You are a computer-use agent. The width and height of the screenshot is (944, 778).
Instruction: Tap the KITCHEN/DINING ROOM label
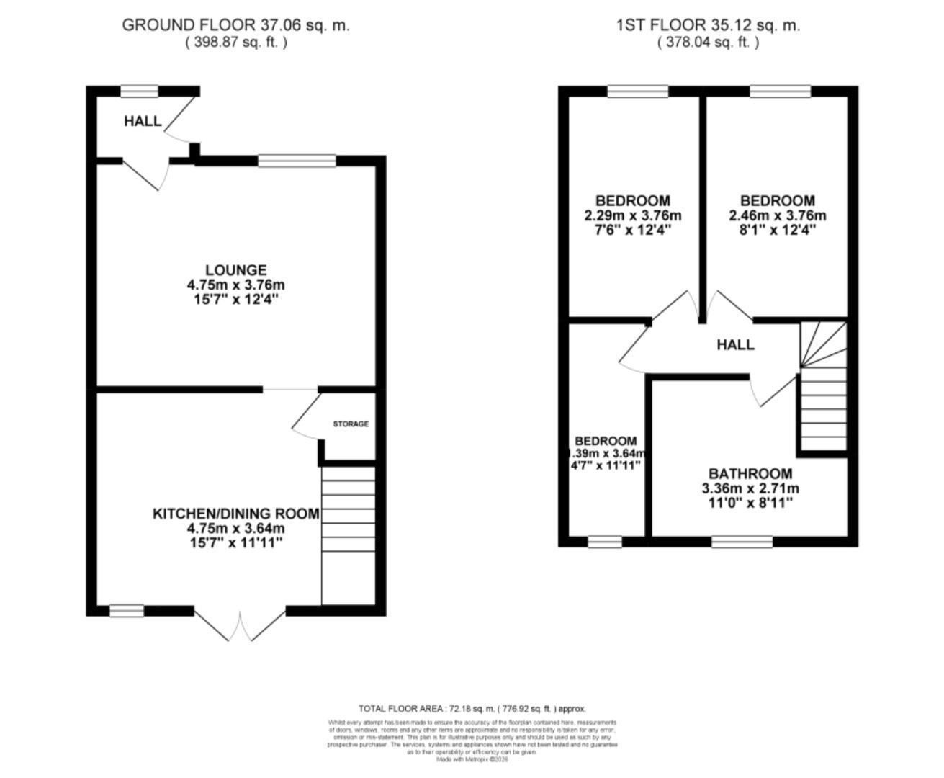point(235,514)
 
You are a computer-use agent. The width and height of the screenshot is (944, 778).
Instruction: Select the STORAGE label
point(351,424)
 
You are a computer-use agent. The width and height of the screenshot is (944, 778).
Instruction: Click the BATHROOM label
point(750,474)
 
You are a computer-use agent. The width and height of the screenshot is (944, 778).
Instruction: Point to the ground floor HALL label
point(143,121)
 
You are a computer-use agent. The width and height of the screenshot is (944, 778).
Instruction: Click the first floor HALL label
point(735,345)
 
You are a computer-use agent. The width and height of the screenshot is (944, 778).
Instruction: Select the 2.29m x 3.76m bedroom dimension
point(633,215)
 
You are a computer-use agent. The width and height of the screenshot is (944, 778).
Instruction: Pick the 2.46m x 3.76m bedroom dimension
point(778,215)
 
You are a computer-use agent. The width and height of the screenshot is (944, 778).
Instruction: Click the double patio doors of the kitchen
point(241,623)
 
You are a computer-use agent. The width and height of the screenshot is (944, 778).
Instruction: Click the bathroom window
point(742,542)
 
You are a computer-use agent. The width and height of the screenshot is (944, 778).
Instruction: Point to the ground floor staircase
point(348,533)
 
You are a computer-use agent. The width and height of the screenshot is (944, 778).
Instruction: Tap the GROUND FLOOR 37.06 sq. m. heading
point(235,25)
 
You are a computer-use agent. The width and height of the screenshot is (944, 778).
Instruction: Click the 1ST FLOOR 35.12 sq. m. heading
point(708,25)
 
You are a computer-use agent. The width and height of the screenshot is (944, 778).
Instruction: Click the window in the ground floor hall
point(139,91)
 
